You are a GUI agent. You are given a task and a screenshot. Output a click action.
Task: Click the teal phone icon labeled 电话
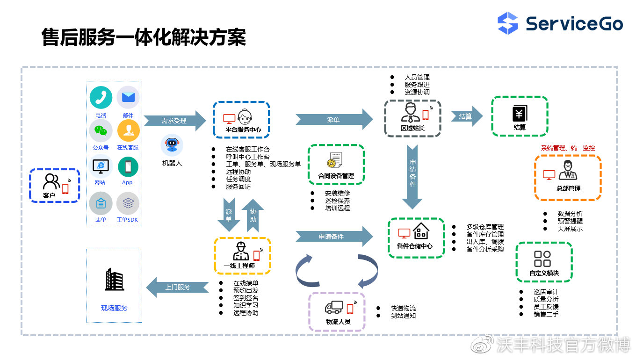(x=101, y=97)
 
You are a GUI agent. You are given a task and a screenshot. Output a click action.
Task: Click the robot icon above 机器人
(x=172, y=145)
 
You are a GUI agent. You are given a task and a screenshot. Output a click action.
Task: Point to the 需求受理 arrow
(x=174, y=121)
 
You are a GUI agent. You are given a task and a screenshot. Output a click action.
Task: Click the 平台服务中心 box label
(x=243, y=130)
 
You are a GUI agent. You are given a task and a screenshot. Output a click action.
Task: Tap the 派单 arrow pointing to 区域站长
(x=334, y=120)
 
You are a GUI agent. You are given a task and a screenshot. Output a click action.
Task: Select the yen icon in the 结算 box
(x=520, y=114)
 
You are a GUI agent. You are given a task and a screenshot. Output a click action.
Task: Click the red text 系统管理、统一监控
(x=568, y=148)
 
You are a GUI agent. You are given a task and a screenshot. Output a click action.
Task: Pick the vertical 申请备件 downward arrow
(x=412, y=177)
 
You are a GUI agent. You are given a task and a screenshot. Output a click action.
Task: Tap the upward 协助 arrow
(x=253, y=216)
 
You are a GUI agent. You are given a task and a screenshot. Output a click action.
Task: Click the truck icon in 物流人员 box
(x=334, y=307)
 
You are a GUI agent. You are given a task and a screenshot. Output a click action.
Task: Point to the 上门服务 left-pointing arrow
(x=178, y=287)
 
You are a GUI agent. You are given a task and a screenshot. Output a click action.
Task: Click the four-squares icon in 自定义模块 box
(x=542, y=259)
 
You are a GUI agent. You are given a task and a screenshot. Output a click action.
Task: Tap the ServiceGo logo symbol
(x=507, y=23)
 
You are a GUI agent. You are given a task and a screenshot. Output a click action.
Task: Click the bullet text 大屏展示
(x=570, y=229)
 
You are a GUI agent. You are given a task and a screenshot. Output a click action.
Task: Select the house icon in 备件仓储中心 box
(x=421, y=230)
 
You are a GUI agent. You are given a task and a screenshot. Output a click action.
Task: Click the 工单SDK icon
(x=128, y=203)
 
